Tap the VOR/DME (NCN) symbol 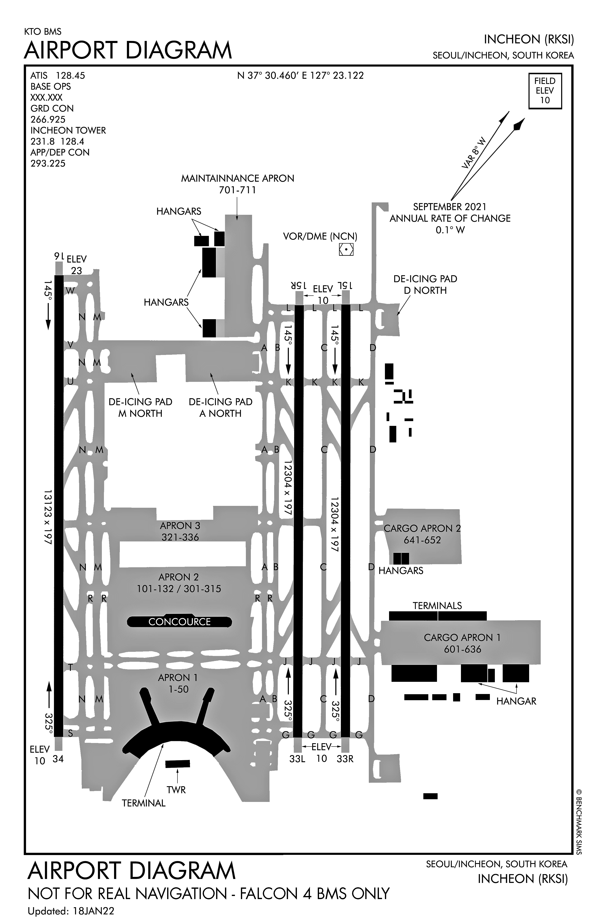tap(346, 250)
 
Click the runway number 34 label tap(58, 759)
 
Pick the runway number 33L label tap(297, 759)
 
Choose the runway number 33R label tap(345, 759)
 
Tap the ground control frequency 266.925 tap(48, 119)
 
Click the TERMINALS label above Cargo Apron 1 tap(437, 605)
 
